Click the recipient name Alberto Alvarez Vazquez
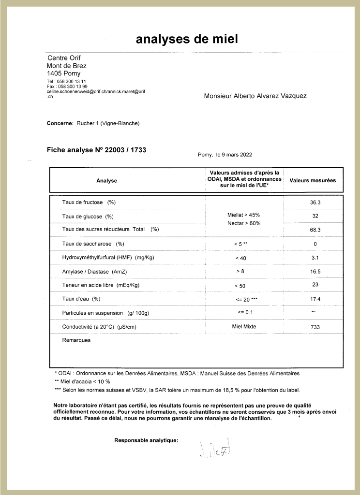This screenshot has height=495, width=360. click(x=255, y=96)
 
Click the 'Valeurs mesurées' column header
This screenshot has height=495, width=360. click(x=313, y=180)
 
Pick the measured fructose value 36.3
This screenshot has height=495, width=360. click(x=315, y=202)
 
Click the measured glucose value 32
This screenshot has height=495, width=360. click(x=315, y=216)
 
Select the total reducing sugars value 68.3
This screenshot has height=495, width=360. click(x=315, y=230)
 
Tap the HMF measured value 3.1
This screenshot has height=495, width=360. click(x=315, y=258)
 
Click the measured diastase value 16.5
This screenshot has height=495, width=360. click(x=315, y=272)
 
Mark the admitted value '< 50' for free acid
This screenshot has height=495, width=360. click(x=240, y=286)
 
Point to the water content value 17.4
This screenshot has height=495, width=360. click(x=315, y=299)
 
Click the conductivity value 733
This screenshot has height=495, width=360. click(x=315, y=327)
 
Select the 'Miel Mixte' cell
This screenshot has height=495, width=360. click(x=244, y=327)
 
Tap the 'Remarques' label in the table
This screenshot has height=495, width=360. click(x=76, y=340)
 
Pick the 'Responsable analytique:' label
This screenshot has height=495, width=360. click(x=146, y=440)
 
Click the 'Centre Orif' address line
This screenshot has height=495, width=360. click(x=64, y=58)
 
